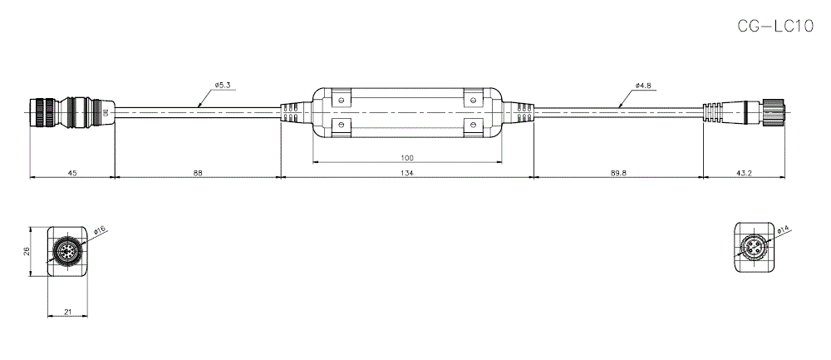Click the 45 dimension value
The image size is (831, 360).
point(71,173)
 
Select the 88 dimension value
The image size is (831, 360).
point(197,173)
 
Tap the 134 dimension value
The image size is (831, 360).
point(407,173)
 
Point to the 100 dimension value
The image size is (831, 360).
point(407,158)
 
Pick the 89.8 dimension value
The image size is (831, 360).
point(618,173)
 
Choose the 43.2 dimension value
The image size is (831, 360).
point(744,173)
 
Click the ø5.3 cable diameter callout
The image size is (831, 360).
point(222,85)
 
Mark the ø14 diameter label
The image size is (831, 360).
point(783,230)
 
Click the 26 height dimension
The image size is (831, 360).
point(27,250)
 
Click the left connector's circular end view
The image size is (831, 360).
point(66,251)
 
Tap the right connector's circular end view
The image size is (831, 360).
point(755,248)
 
